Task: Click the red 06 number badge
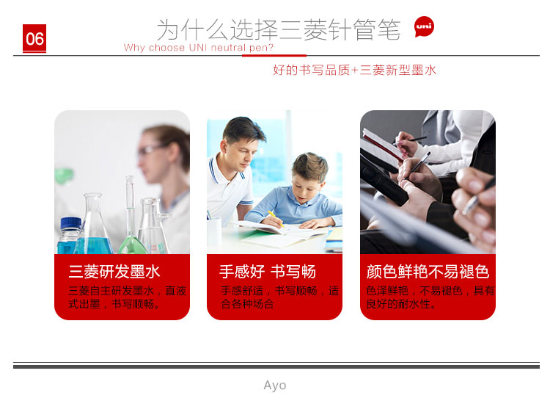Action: coord(34,39)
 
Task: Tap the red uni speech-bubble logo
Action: coord(424,26)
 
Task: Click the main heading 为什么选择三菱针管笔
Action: coord(278,29)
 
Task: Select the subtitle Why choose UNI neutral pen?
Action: coord(199,48)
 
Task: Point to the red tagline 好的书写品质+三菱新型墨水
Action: coord(355,70)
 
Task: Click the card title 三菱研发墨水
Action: coord(114,272)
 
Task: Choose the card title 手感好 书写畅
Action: coord(268,272)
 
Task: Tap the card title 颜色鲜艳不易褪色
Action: coord(428,272)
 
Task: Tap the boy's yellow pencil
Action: coord(276,218)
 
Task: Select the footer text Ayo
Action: coord(275,385)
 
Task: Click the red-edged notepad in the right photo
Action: coord(382,145)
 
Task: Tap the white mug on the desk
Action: coord(214,234)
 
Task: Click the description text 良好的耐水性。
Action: coord(401,304)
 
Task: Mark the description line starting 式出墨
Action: coord(114,304)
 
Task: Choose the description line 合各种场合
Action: coord(247,304)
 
